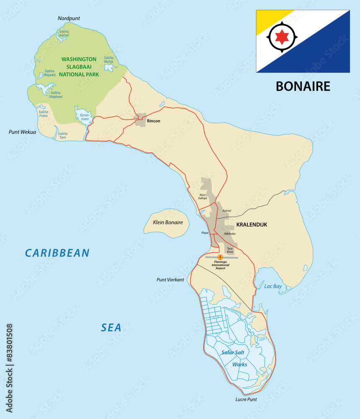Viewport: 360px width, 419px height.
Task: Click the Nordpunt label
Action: coord(69,18)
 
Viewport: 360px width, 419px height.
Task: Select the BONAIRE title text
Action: coord(303,86)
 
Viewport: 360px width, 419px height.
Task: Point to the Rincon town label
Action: coord(153,121)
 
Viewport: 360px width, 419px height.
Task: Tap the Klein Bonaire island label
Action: coord(165,222)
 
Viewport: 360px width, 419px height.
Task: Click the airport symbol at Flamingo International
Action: coord(221,257)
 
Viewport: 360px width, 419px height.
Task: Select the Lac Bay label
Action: coord(273,287)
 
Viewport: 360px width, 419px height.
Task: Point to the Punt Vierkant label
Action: coord(170,279)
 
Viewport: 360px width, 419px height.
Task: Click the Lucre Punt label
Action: coord(246,399)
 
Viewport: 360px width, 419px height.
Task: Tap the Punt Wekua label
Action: coord(22,132)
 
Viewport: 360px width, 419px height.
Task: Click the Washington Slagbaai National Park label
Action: coord(79,67)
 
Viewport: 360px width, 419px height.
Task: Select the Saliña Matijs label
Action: coord(108,59)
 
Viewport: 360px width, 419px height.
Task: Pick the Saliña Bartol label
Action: coord(64,34)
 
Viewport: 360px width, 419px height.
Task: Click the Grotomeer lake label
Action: coord(85,117)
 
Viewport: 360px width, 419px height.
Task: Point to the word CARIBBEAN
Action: coord(57,253)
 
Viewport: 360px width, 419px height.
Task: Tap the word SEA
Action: coord(111,328)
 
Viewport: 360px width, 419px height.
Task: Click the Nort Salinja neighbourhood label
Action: coord(203,196)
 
